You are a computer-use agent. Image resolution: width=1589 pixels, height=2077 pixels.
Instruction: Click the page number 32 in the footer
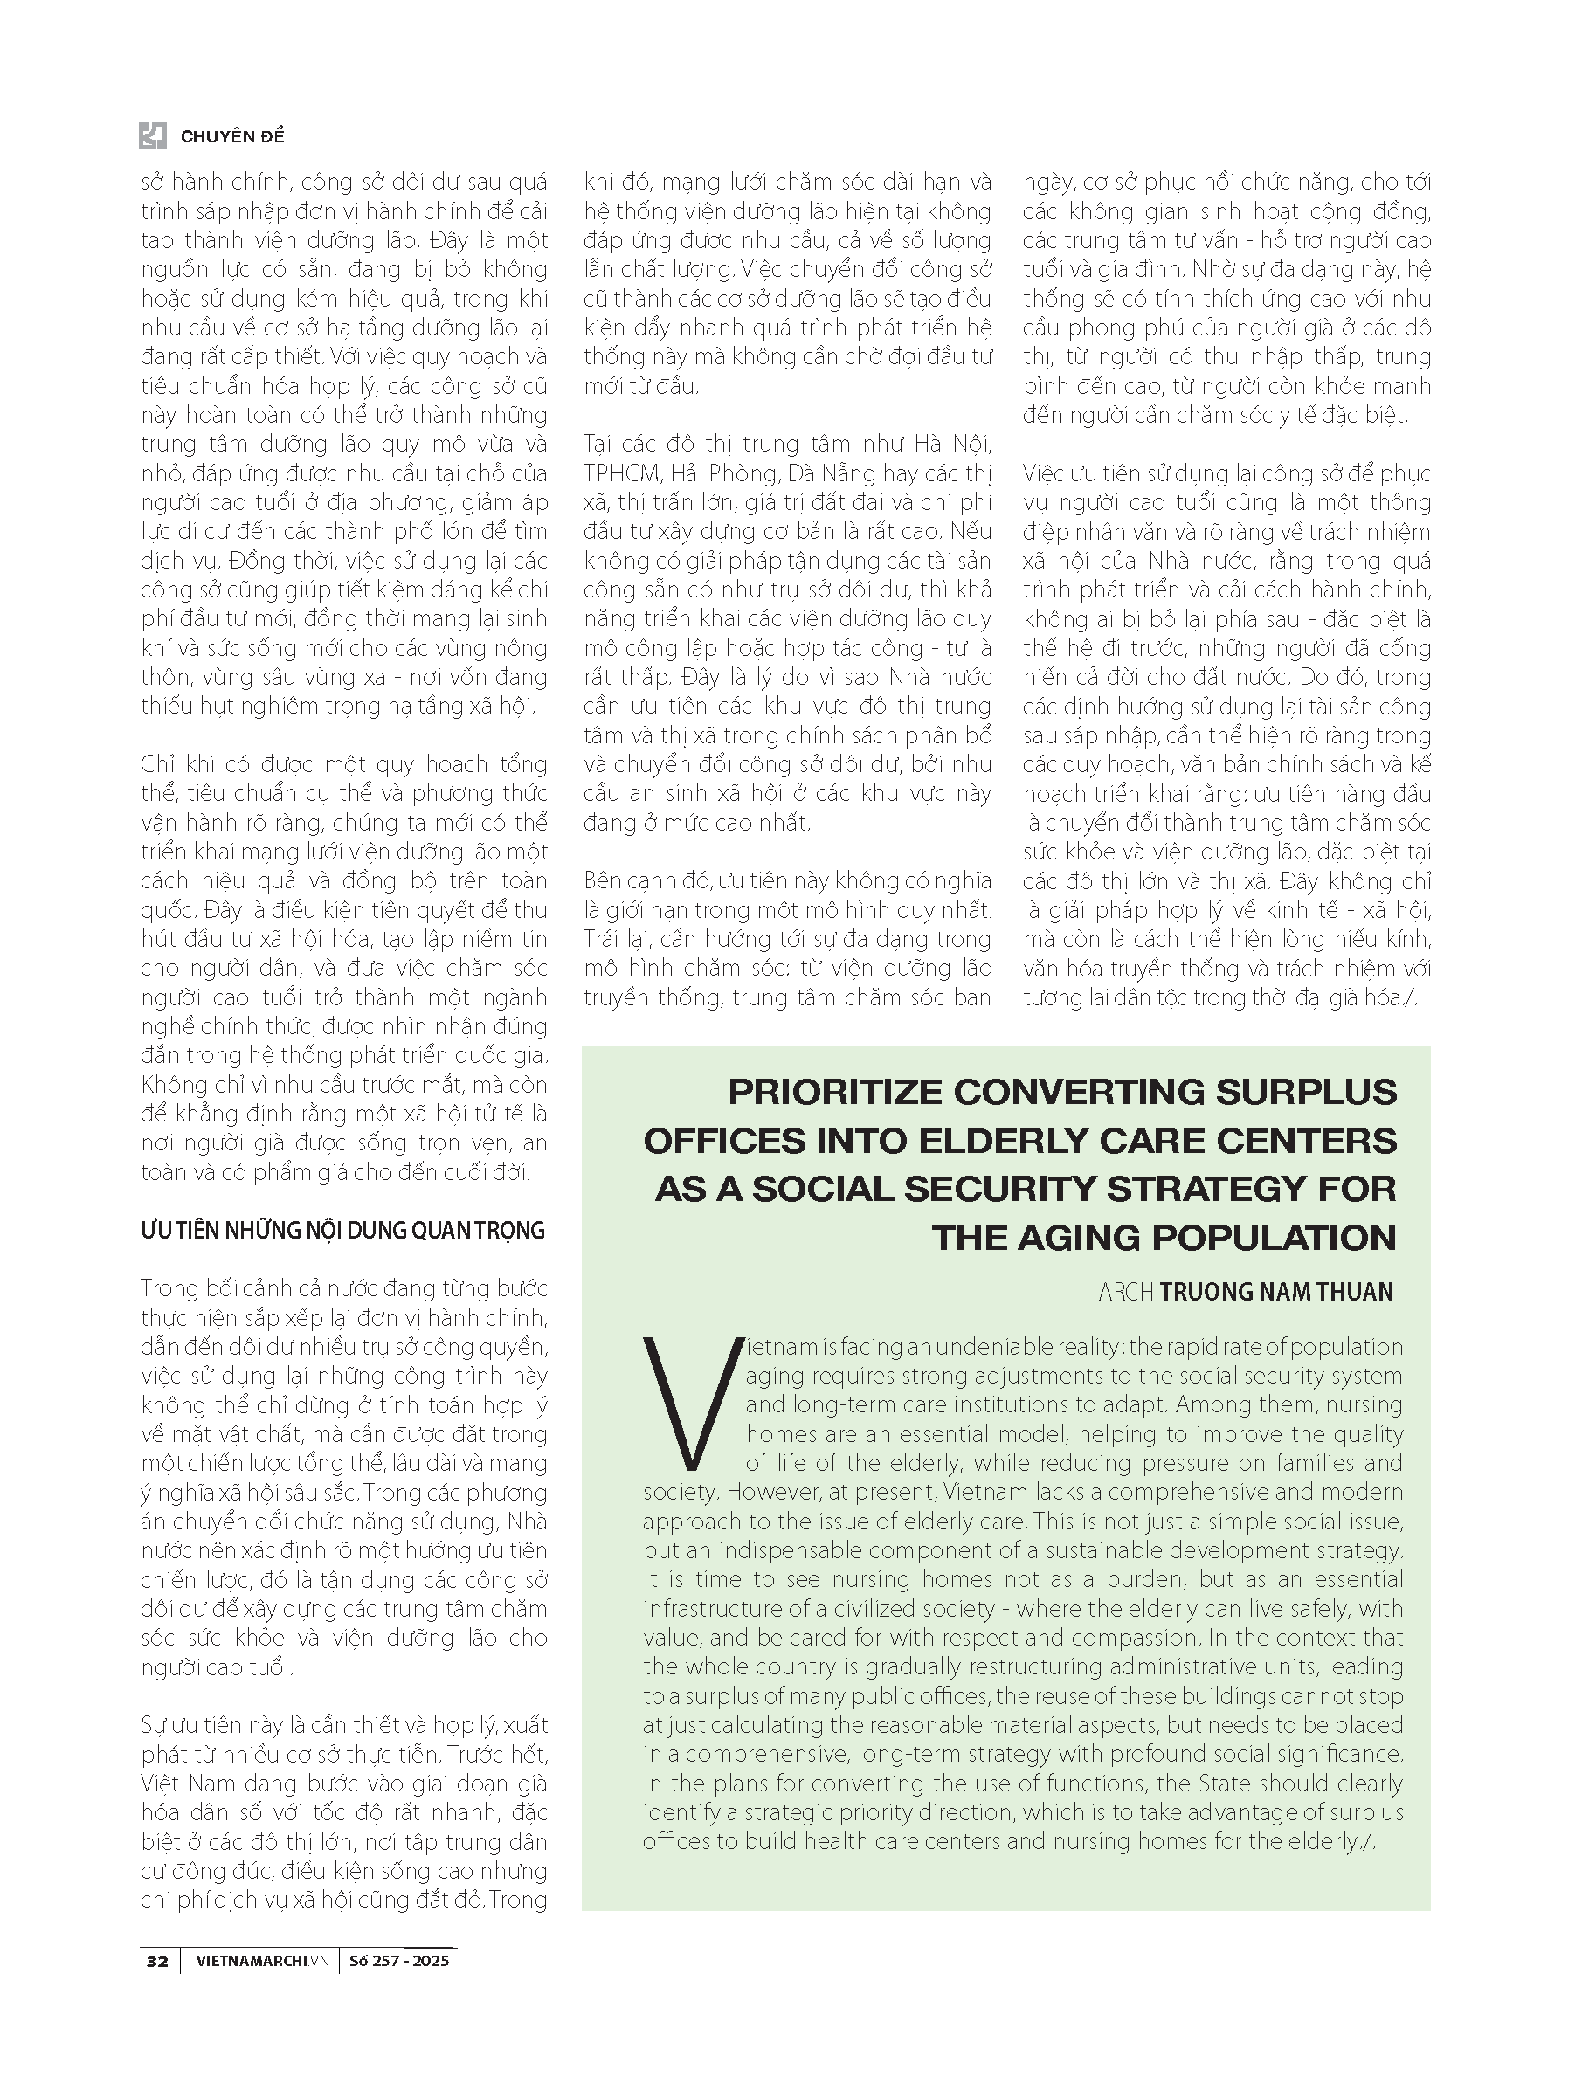(x=157, y=1960)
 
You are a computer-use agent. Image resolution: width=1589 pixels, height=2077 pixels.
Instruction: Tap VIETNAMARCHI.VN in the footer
(x=265, y=1960)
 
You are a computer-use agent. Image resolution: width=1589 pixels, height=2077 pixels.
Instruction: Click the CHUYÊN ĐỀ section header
(x=231, y=136)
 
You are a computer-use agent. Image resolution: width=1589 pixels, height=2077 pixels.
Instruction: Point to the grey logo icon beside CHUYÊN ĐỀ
(x=152, y=135)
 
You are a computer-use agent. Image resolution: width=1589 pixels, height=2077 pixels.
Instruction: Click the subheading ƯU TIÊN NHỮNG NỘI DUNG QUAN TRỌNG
(x=342, y=1231)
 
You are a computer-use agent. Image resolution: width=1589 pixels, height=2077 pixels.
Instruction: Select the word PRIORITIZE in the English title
(x=835, y=1092)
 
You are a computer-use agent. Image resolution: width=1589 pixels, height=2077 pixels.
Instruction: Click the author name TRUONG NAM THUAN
(x=1276, y=1292)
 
